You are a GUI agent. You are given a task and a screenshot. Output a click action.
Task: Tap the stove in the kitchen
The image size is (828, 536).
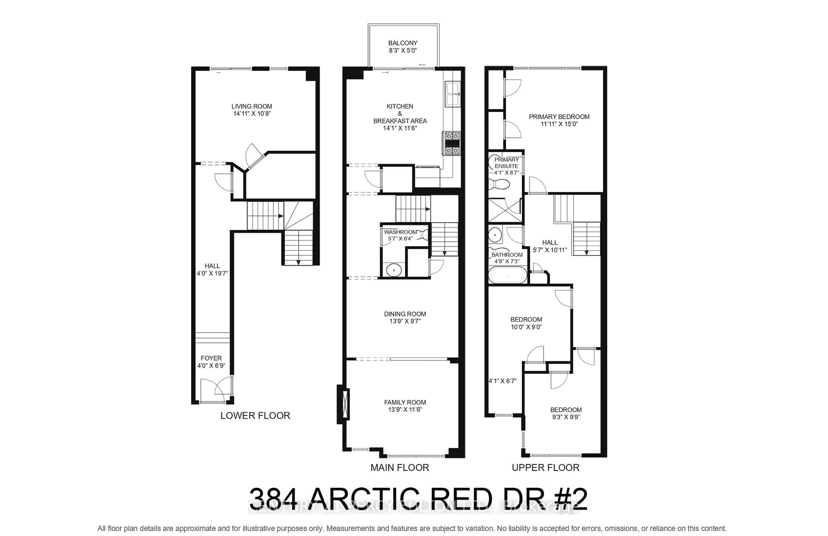click(451, 143)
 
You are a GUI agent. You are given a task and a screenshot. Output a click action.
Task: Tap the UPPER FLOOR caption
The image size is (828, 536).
click(545, 467)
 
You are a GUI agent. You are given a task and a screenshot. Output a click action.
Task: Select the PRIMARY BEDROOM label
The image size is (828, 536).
click(559, 117)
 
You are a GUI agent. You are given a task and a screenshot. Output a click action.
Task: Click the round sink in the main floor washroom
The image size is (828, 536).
click(394, 270)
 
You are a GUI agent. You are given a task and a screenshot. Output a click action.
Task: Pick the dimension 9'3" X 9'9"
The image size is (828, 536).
click(566, 417)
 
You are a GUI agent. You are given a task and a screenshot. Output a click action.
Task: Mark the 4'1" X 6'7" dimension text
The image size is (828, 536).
click(502, 381)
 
